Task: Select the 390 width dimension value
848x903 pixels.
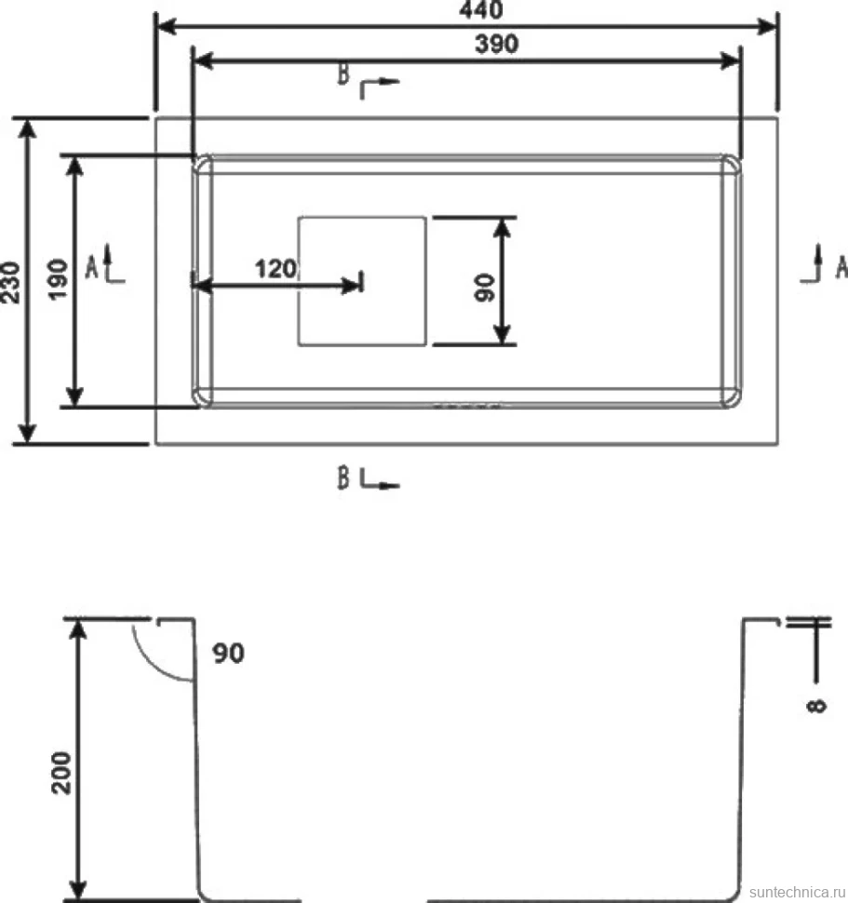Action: (496, 44)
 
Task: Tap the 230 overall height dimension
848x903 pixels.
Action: (10, 282)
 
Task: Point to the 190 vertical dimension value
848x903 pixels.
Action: (58, 279)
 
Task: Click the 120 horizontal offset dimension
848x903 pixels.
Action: (276, 269)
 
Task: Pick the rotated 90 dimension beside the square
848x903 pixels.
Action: (485, 288)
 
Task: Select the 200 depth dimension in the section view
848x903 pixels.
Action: (61, 773)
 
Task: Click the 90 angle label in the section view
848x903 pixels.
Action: (229, 654)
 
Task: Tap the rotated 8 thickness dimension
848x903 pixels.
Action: (817, 705)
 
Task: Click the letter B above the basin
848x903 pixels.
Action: (343, 74)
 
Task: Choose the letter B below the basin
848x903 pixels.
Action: (343, 478)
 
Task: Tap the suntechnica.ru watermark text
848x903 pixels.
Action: (798, 892)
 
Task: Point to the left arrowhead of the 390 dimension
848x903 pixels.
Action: (204, 61)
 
